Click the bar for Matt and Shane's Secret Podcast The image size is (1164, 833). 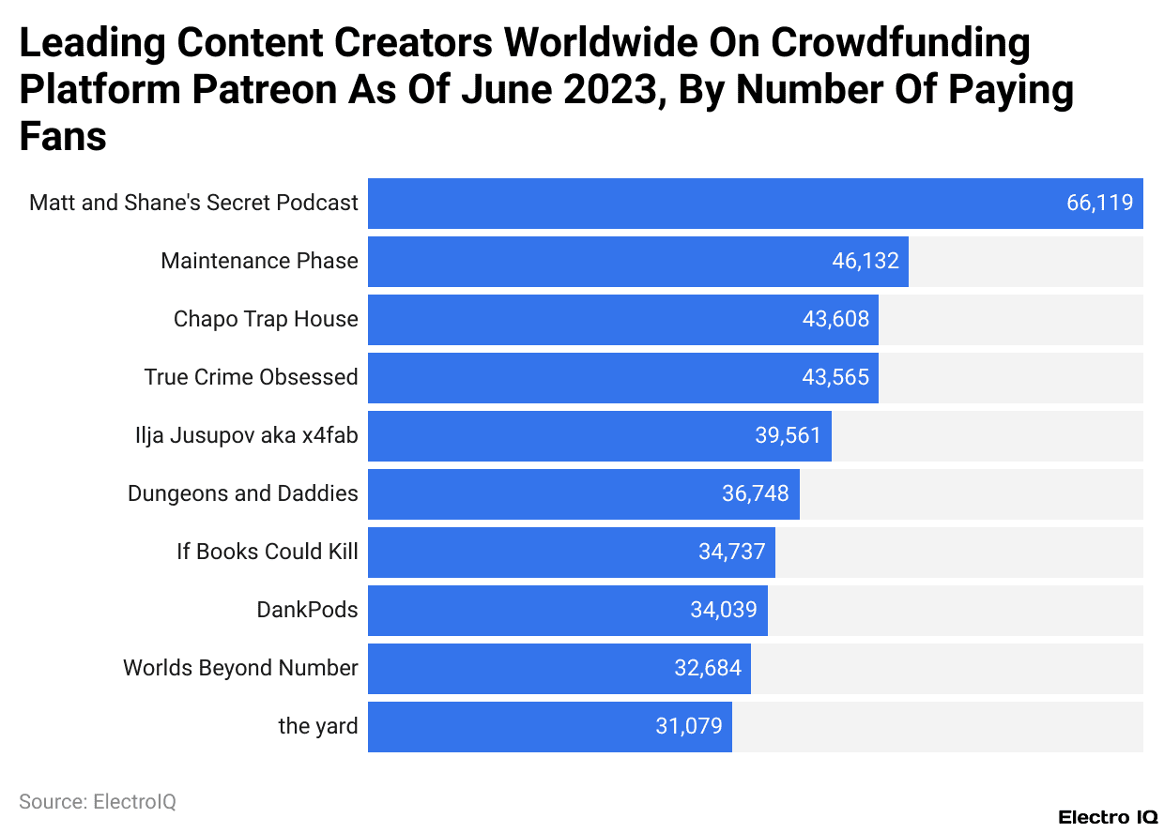713,204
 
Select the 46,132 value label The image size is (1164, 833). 865,261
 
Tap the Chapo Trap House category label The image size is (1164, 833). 266,319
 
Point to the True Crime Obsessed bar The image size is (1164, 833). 582,378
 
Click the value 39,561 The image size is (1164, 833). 788,435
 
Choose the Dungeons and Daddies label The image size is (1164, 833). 242,493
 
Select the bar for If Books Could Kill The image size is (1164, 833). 526,553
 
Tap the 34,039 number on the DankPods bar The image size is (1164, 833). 723,610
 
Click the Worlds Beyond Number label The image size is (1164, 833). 240,668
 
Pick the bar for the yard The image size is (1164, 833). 507,727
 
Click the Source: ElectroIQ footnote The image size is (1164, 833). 98,802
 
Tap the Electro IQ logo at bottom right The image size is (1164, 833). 1108,817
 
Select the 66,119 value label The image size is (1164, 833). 1099,203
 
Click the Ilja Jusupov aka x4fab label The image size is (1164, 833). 246,435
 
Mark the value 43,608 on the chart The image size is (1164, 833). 835,319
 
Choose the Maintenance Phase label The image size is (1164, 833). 259,261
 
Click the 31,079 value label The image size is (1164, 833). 689,726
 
